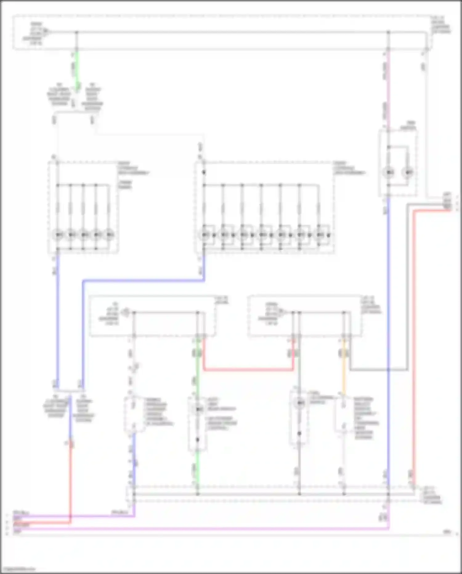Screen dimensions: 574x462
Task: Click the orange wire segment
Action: [x=344, y=370]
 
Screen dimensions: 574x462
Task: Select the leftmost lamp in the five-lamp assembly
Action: [x=58, y=235]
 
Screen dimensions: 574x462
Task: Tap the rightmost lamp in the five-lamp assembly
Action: [x=109, y=235]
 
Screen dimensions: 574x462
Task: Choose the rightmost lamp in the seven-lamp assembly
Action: [x=319, y=235]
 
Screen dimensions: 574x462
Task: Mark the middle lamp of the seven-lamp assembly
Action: [x=261, y=235]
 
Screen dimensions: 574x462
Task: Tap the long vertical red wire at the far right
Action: [x=414, y=339]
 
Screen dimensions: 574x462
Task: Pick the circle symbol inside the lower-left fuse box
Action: [x=125, y=312]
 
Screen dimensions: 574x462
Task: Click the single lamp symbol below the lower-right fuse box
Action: [x=299, y=403]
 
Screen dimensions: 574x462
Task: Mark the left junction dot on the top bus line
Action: [x=77, y=32]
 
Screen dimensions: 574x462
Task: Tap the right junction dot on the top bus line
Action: [x=388, y=32]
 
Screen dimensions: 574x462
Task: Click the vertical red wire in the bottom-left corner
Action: [x=71, y=481]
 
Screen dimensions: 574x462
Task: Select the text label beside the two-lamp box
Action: [x=408, y=125]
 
